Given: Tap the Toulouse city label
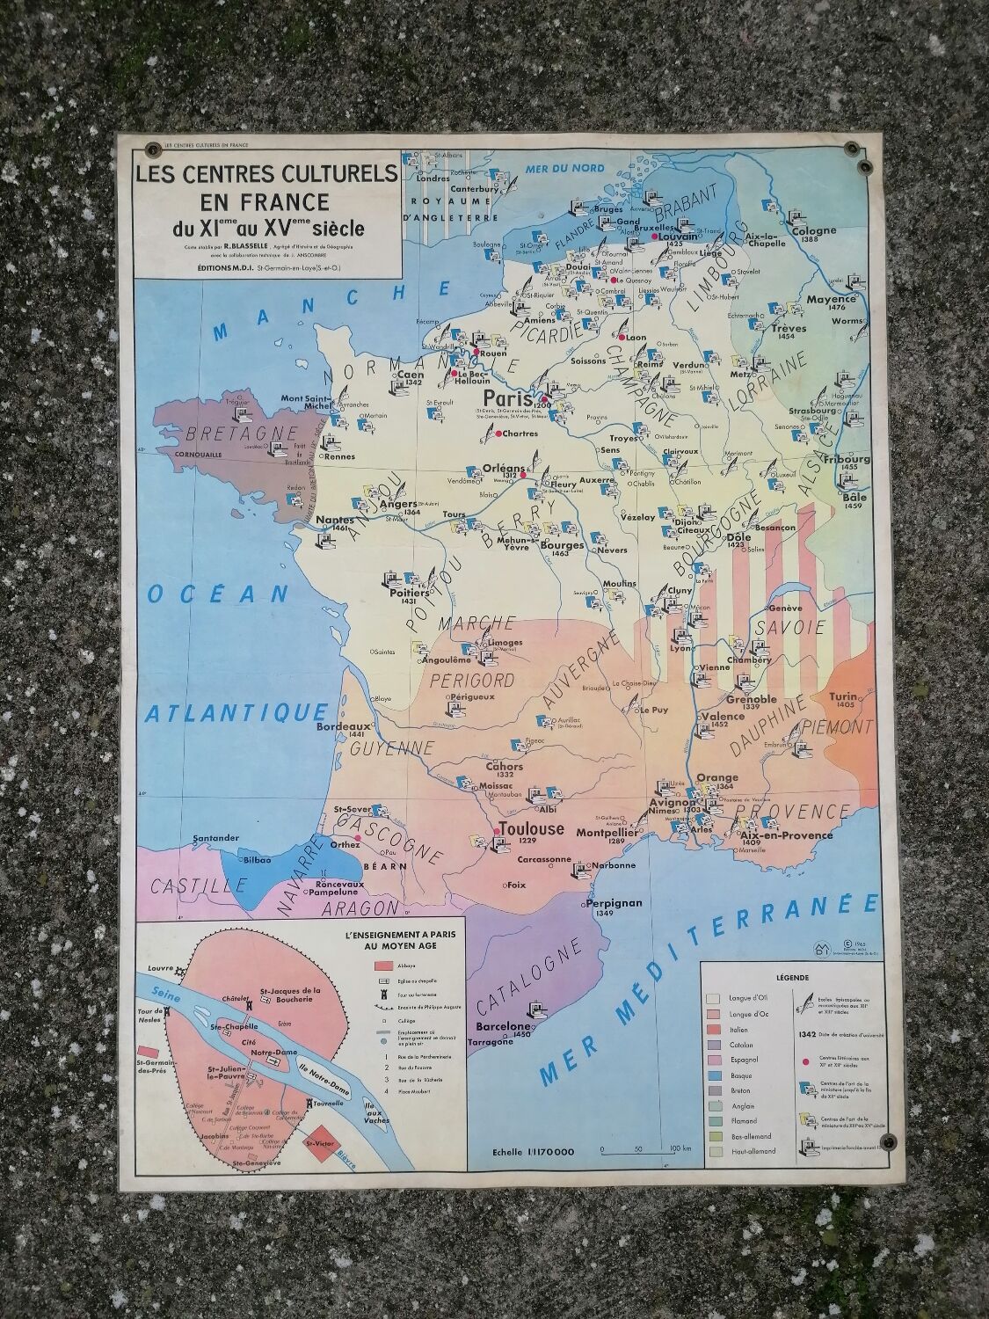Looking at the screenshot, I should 531,829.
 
